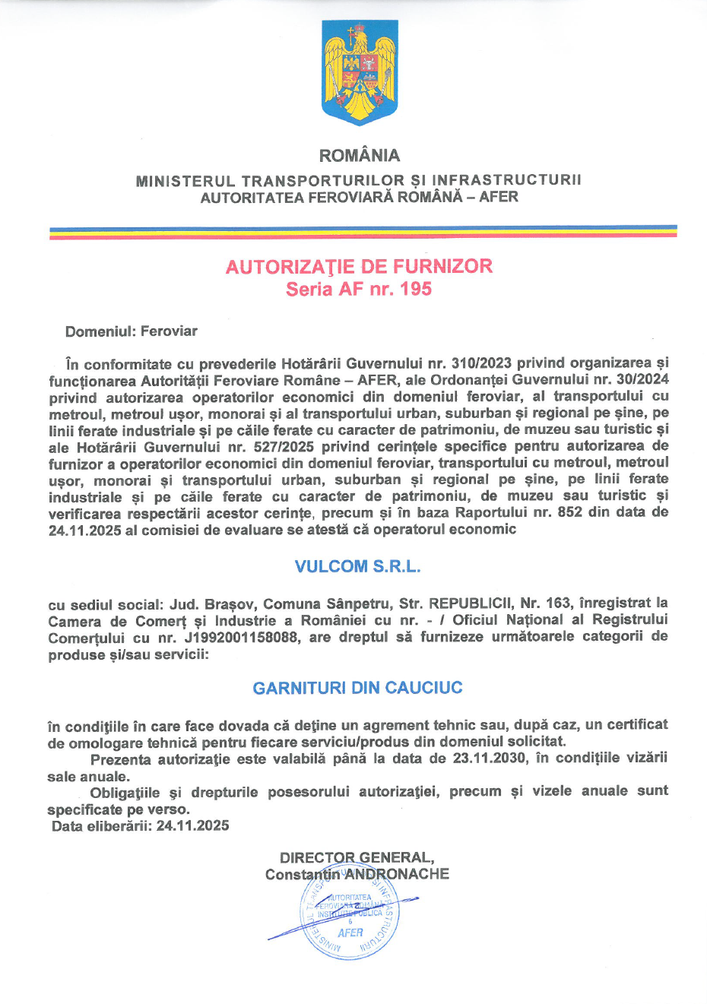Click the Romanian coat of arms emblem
(x=360, y=73)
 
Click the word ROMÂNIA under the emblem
(x=360, y=156)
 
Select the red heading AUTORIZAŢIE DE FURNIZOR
(x=359, y=267)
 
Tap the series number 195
(x=416, y=290)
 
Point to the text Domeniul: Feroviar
(x=132, y=331)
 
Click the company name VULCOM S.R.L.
(x=357, y=567)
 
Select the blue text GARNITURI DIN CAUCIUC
(x=357, y=688)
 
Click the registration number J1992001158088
(x=241, y=638)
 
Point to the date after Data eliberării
(x=193, y=826)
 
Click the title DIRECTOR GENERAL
(x=357, y=858)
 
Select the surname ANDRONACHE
(x=397, y=874)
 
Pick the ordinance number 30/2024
(x=641, y=379)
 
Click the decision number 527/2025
(x=284, y=447)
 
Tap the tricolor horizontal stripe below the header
(x=363, y=232)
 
